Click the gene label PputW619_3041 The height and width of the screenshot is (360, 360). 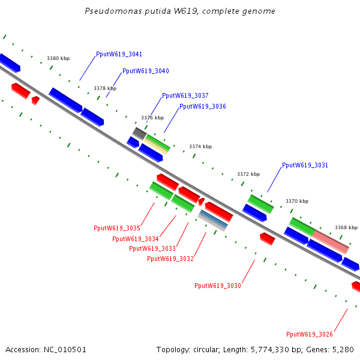pyautogui.click(x=119, y=55)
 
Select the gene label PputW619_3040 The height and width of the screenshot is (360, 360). pyautogui.click(x=146, y=71)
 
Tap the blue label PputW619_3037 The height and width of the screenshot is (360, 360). pyautogui.click(x=185, y=96)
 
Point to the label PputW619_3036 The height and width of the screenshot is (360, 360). pyautogui.click(x=203, y=107)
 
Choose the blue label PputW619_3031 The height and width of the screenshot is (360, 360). pyautogui.click(x=305, y=166)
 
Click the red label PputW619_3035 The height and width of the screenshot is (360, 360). pyautogui.click(x=117, y=229)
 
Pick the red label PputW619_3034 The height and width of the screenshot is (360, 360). pyautogui.click(x=136, y=239)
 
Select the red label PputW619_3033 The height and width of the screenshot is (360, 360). pyautogui.click(x=152, y=249)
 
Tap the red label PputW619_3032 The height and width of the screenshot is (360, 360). pyautogui.click(x=170, y=259)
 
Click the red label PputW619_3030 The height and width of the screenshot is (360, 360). pyautogui.click(x=218, y=286)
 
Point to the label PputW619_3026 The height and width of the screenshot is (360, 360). pyautogui.click(x=310, y=335)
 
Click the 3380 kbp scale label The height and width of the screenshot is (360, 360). pyautogui.click(x=58, y=59)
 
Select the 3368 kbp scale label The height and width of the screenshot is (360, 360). pyautogui.click(x=346, y=228)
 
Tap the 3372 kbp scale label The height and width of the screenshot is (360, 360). pyautogui.click(x=248, y=175)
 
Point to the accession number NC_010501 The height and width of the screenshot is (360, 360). pyautogui.click(x=65, y=350)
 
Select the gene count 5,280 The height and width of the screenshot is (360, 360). pyautogui.click(x=344, y=350)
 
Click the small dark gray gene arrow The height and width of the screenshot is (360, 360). pyautogui.click(x=139, y=133)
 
